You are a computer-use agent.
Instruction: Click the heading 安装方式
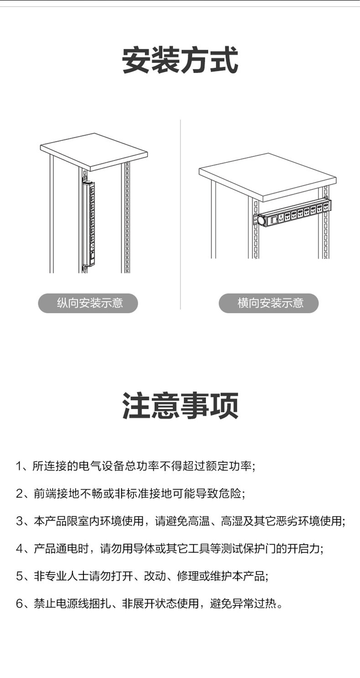click(180, 60)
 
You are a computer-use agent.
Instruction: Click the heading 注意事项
click(180, 406)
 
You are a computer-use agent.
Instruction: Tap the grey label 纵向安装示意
click(88, 303)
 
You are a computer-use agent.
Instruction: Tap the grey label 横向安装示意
click(269, 303)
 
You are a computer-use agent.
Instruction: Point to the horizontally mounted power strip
click(292, 213)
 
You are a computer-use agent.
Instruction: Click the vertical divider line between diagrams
click(180, 214)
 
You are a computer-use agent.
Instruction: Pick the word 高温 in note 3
click(199, 521)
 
